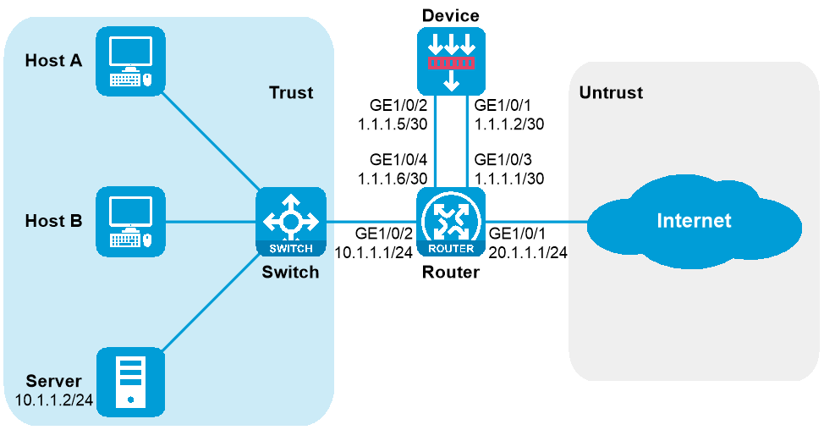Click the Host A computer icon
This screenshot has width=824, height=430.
tap(130, 61)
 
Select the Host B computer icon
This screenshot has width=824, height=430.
tap(130, 222)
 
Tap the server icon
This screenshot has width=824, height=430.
tap(130, 382)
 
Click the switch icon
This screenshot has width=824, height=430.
tap(290, 222)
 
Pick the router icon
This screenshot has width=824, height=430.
tap(451, 222)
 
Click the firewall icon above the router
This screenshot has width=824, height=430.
tap(451, 61)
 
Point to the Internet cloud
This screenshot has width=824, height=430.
tap(694, 222)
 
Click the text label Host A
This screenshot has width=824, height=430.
tap(53, 61)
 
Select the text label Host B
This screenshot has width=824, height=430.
tap(53, 222)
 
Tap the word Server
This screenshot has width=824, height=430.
tap(53, 381)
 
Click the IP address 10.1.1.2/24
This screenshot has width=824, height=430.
tap(53, 399)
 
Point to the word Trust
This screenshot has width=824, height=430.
tap(291, 93)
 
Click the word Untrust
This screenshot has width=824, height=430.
tap(611, 93)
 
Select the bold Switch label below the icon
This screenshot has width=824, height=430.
tap(290, 273)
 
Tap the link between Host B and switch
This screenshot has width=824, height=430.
tap(211, 222)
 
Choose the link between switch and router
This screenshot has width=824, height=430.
tap(371, 222)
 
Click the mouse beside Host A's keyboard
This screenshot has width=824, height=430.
tap(147, 80)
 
